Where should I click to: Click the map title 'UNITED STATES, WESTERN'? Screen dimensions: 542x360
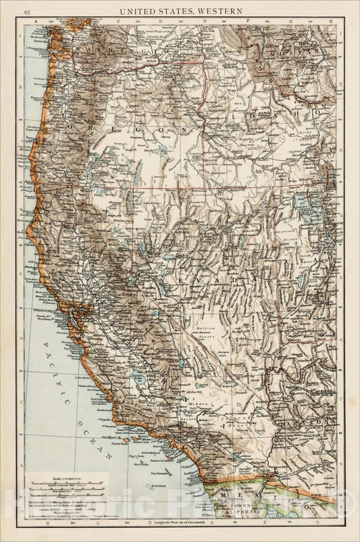click(180, 11)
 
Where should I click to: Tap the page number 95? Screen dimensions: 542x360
click(27, 11)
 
